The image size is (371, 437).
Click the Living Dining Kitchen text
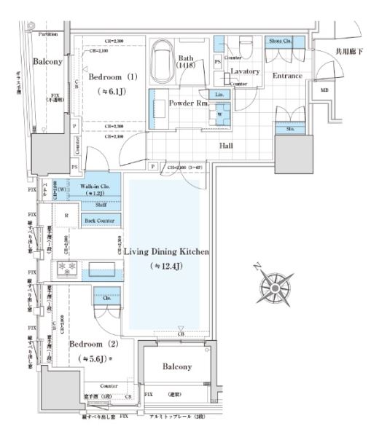166,251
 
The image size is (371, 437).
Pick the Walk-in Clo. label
95,187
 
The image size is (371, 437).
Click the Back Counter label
95,220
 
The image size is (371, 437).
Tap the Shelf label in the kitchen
95,205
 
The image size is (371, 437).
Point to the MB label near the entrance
324,90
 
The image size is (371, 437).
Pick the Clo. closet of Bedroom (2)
106,297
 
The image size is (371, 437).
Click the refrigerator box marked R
66,216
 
